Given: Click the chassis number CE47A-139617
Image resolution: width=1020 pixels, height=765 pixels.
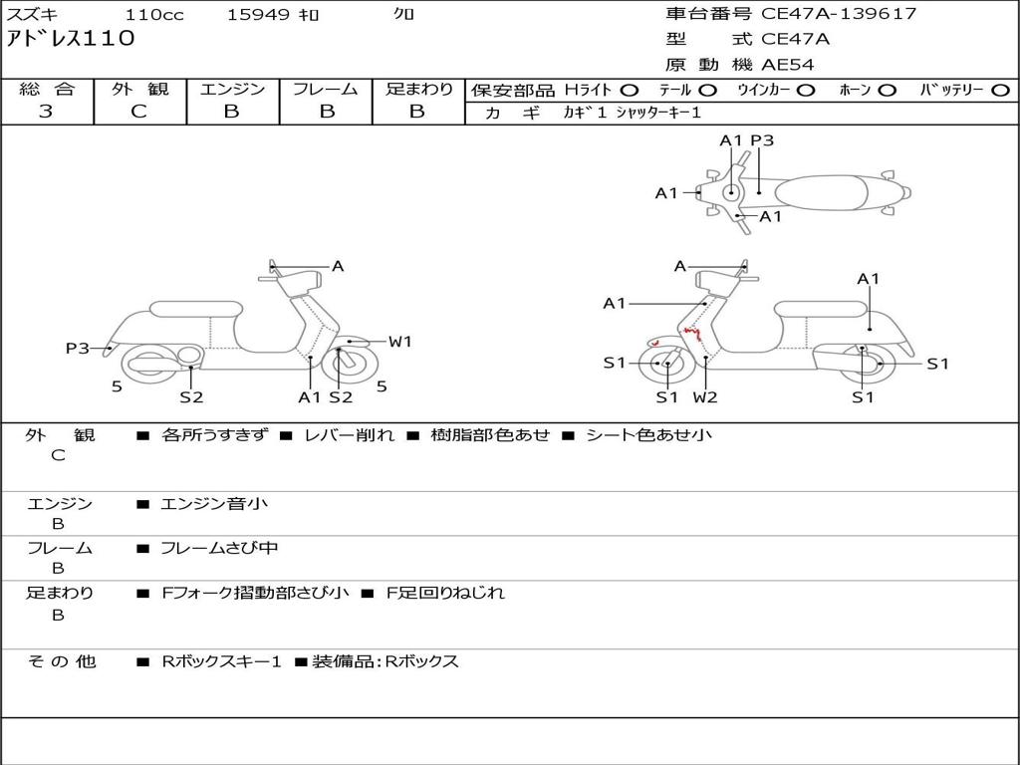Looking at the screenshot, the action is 839,14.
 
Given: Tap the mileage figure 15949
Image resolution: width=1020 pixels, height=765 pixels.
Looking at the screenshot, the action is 258,15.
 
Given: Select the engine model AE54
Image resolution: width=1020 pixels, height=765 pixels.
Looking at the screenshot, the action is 788,66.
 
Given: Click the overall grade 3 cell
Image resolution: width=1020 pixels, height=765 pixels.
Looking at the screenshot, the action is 46,112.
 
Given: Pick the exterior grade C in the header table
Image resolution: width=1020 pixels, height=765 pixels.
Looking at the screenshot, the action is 138,112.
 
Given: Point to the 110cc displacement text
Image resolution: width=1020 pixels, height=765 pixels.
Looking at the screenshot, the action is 153,15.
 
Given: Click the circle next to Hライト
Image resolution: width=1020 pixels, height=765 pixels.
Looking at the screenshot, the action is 630,90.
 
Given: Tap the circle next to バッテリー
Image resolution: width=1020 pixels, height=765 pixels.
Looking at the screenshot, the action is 1000,90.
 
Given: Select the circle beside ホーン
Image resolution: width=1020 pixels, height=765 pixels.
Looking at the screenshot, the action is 888,90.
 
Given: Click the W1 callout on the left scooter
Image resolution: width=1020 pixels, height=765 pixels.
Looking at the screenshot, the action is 399,342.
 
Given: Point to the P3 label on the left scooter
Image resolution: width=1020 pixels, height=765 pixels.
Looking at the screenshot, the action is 78,348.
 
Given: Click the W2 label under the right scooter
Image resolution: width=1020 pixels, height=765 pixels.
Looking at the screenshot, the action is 705,397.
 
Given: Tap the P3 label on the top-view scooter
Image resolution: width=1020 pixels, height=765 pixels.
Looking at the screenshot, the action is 762,140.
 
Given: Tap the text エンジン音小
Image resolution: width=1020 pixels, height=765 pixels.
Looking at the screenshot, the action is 214,504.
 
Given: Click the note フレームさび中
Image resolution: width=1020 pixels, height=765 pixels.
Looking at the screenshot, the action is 219,548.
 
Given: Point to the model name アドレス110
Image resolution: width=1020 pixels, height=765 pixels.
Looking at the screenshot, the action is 70,40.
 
